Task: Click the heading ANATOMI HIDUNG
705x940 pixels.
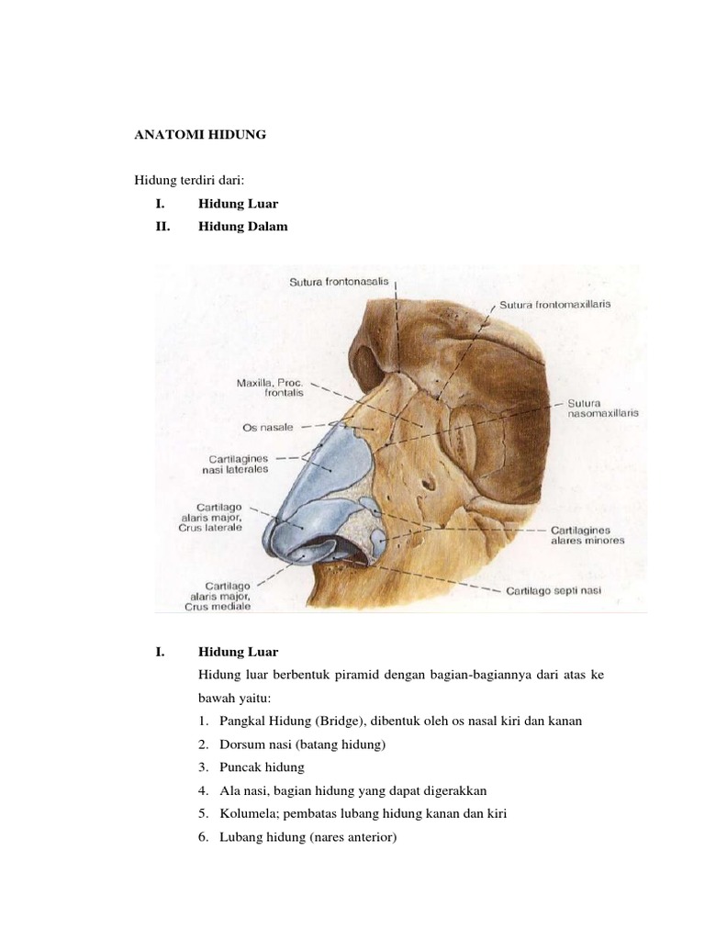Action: (201, 135)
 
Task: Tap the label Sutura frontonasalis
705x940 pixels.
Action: (340, 284)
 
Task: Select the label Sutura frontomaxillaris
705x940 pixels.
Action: (555, 303)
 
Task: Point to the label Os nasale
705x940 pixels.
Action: (269, 427)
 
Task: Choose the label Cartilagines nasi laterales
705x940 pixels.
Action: (235, 463)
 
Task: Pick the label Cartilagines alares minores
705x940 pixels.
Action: (587, 535)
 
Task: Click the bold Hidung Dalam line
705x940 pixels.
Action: (242, 227)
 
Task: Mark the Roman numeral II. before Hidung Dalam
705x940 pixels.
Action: (164, 227)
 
